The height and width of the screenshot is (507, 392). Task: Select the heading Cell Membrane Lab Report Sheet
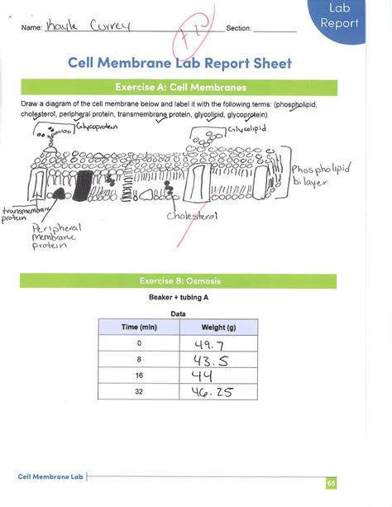click(179, 64)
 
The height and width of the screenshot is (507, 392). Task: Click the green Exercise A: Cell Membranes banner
click(179, 87)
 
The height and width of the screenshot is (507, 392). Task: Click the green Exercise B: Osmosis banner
click(179, 281)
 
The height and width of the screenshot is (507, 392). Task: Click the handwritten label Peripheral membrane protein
click(53, 239)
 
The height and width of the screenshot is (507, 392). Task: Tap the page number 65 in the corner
click(330, 483)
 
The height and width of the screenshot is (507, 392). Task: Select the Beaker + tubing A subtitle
click(179, 296)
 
